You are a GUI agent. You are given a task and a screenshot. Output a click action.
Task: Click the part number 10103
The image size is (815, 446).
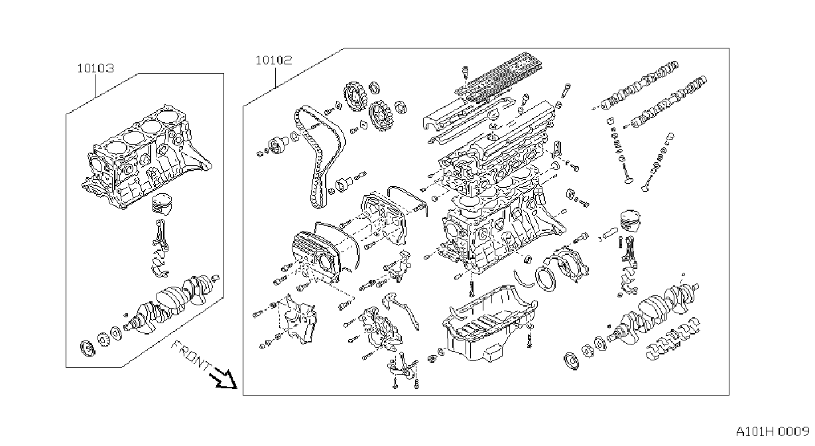click(95, 68)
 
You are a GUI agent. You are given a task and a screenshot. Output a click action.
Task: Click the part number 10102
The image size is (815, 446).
click(274, 60)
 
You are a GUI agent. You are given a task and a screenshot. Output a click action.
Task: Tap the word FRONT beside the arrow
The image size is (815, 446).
click(192, 355)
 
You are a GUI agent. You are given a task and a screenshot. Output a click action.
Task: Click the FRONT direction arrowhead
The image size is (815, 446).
click(227, 380)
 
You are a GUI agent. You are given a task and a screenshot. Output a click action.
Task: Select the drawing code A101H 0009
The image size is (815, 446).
click(773, 432)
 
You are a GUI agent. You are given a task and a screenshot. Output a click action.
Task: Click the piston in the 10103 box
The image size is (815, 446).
click(162, 204)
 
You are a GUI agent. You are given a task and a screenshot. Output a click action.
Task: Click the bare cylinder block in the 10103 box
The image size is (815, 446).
click(145, 157)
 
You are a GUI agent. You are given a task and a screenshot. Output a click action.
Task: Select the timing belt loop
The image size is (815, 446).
click(320, 157)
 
